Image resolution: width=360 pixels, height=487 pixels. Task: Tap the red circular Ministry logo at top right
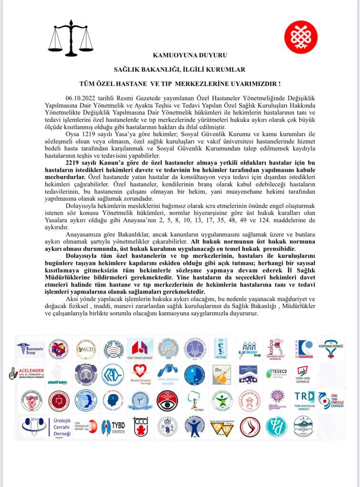click(x=301, y=37)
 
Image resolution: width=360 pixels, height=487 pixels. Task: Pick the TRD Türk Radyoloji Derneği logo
click(x=304, y=400)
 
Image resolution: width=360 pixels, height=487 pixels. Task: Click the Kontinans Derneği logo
click(x=331, y=349)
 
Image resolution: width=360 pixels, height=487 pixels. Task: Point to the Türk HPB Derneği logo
click(x=303, y=374)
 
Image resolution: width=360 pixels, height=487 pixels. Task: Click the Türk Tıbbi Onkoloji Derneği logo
click(x=331, y=400)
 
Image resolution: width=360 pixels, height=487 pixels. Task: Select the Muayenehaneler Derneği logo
click(x=29, y=349)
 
